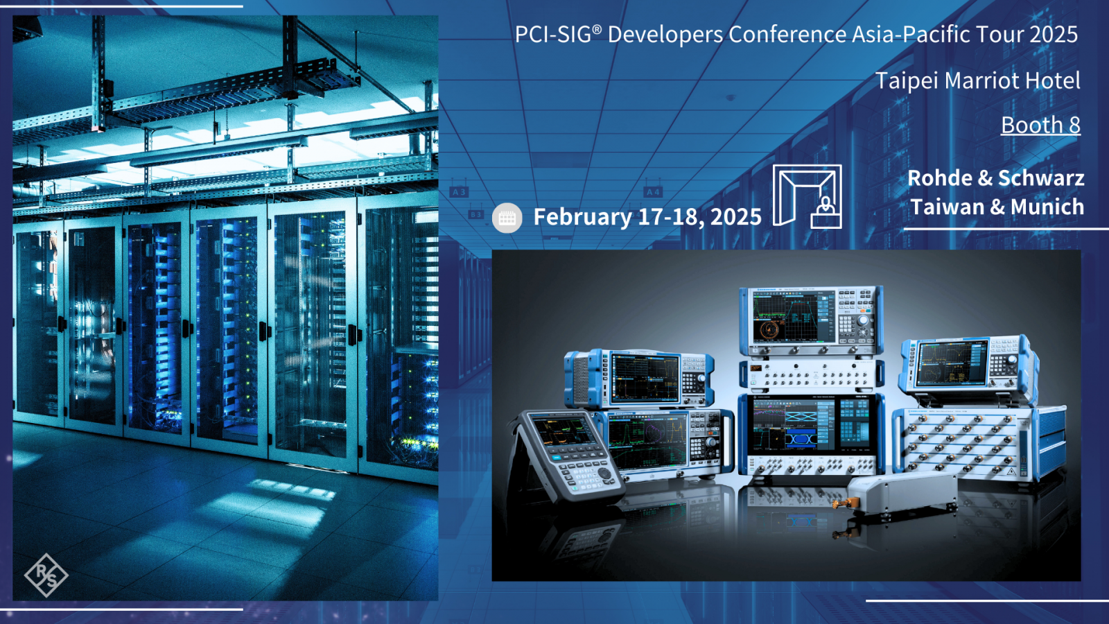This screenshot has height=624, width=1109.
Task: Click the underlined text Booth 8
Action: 1040,125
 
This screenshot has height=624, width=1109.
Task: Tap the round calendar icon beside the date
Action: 507,218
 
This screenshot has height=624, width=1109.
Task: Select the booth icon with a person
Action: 807,197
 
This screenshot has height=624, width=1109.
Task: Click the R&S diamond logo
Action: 46,575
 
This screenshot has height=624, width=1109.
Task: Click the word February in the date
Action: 582,217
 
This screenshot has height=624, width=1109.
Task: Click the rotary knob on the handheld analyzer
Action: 604,473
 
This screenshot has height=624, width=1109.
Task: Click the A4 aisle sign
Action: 653,191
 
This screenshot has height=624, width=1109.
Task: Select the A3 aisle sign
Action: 459,191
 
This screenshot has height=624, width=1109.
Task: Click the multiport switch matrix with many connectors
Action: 970,443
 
